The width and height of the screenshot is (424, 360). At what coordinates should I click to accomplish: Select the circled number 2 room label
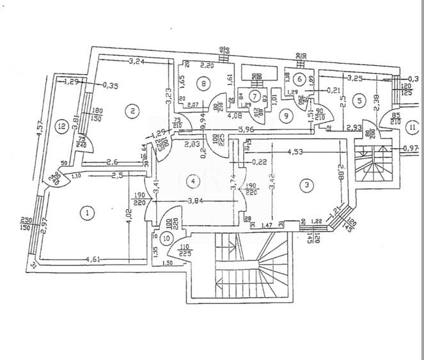click(132, 111)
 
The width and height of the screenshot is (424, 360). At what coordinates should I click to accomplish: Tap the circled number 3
click(308, 185)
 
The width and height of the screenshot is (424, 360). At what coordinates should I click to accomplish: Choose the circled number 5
click(360, 100)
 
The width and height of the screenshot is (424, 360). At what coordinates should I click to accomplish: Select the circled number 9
click(286, 115)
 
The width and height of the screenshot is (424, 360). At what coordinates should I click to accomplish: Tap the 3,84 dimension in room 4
click(196, 202)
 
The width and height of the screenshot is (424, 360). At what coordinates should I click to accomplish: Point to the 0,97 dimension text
click(411, 148)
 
